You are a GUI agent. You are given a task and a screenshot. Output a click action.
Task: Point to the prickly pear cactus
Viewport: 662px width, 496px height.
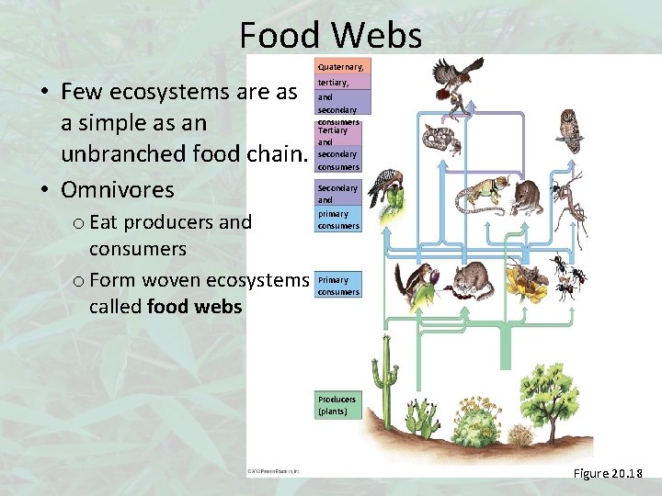424,419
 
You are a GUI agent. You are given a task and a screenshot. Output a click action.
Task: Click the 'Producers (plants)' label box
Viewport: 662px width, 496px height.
337,405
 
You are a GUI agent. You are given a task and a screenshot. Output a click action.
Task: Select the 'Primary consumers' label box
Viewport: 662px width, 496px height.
337,286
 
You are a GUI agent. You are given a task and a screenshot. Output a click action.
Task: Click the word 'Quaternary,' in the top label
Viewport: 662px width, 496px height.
340,67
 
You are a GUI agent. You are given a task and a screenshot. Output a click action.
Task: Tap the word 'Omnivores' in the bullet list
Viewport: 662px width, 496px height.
117,190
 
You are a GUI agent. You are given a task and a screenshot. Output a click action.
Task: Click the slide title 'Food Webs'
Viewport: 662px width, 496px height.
330,35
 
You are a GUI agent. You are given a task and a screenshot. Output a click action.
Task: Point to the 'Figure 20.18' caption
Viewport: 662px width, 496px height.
608,474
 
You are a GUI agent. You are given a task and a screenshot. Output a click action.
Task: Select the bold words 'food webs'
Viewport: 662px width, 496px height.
194,306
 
